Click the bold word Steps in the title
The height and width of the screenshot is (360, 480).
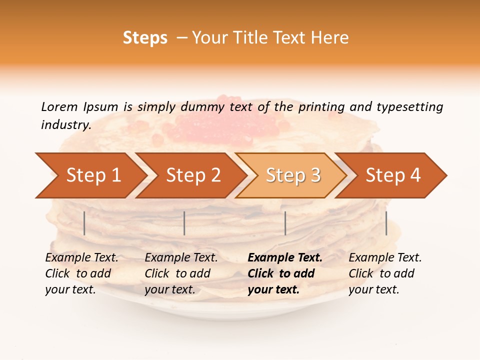145,38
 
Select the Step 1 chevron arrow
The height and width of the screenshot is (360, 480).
93,175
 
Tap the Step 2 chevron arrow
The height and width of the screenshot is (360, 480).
193,175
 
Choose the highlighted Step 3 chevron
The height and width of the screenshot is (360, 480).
293,175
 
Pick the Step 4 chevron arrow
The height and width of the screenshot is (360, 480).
393,175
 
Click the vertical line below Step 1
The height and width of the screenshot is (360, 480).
84,223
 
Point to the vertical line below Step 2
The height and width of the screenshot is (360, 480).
184,223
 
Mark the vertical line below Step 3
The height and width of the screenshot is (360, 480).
285,223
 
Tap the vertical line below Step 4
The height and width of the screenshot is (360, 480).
386,223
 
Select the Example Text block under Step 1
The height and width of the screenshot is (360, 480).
81,273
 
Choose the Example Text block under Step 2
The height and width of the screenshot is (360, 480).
181,273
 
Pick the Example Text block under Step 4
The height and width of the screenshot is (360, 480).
385,273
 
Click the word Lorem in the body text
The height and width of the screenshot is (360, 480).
59,107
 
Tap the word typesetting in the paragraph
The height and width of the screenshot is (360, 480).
409,107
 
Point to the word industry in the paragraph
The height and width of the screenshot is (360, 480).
66,125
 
